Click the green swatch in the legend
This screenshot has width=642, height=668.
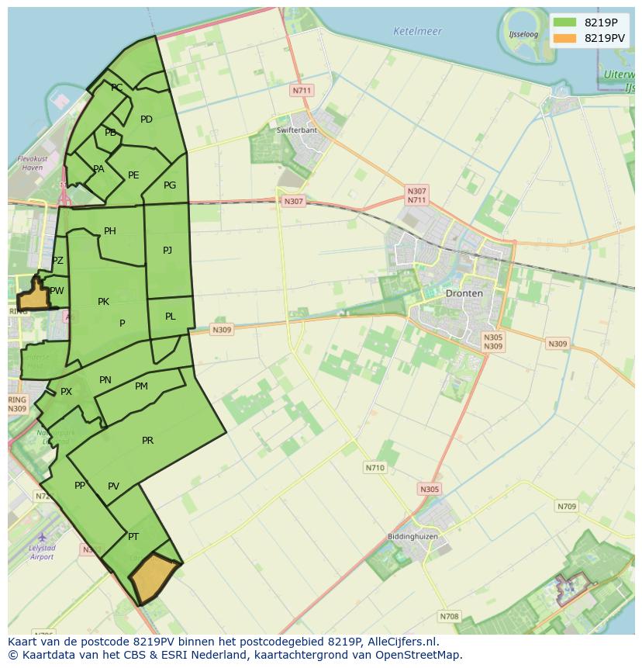565,22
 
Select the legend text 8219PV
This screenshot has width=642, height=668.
605,37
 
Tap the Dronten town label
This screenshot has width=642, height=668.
464,293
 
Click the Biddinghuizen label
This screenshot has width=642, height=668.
412,536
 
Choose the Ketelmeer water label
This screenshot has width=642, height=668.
417,32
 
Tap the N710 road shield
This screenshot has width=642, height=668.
374,468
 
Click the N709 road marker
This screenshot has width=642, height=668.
567,507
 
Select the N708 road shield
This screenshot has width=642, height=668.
449,617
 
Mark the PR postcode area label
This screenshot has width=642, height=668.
147,441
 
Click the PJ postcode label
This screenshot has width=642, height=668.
167,250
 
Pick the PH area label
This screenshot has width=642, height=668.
109,231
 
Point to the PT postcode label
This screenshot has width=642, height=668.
133,536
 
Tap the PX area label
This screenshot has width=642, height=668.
66,392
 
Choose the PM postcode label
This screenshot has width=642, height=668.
141,386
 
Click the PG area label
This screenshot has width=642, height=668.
170,185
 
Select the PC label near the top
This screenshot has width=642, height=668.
116,88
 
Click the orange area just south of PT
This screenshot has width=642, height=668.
154,577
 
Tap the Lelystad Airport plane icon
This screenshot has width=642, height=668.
42,537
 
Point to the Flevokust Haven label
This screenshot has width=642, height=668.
33,162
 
